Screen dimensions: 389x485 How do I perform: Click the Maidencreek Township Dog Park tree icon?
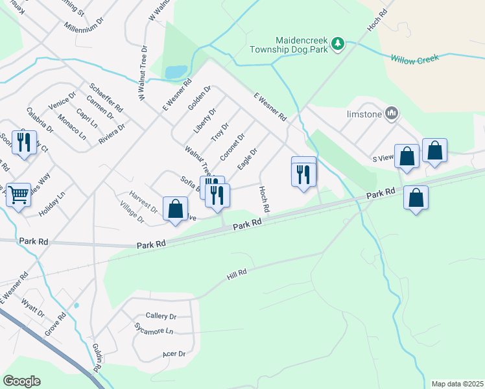pos(337,43)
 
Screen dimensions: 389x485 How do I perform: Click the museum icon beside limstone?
pos(391,113)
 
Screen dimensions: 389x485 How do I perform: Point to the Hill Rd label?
pos(237,275)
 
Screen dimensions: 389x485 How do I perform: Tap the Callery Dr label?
pos(161,316)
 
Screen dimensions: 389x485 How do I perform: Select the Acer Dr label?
pos(174,354)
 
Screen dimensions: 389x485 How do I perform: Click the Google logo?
pos(21,381)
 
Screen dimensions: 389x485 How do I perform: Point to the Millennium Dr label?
pos(84,26)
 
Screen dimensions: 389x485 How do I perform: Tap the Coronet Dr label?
pos(231,147)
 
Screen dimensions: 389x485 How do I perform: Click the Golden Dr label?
pos(200,98)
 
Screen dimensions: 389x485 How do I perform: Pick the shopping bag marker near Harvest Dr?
pos(175,209)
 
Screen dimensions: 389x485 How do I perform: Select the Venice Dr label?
pos(62,102)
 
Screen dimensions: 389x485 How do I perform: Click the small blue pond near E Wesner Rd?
pos(176,71)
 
